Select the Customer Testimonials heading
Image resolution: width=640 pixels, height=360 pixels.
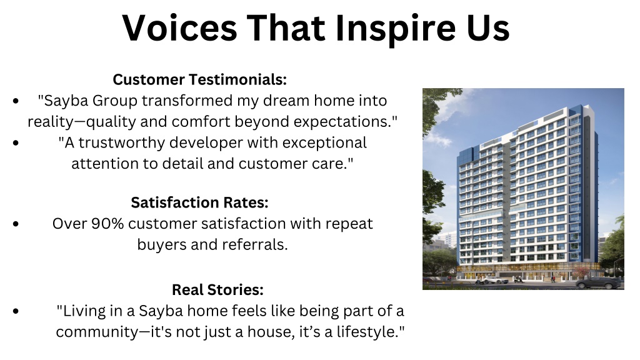click(x=199, y=79)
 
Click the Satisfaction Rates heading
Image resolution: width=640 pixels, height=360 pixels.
click(x=199, y=202)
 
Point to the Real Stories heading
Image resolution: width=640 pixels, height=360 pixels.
click(x=217, y=290)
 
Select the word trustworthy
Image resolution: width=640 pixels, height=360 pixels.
click(x=122, y=143)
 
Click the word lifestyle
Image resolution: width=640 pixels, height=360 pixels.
click(x=367, y=331)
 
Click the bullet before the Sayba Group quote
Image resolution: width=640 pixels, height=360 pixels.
click(x=16, y=101)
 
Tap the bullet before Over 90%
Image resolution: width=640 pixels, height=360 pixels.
click(x=16, y=224)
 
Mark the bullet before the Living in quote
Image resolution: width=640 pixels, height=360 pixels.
click(x=16, y=311)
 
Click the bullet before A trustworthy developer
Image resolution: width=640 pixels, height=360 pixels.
click(x=16, y=143)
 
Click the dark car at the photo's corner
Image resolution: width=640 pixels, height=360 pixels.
click(x=599, y=282)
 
